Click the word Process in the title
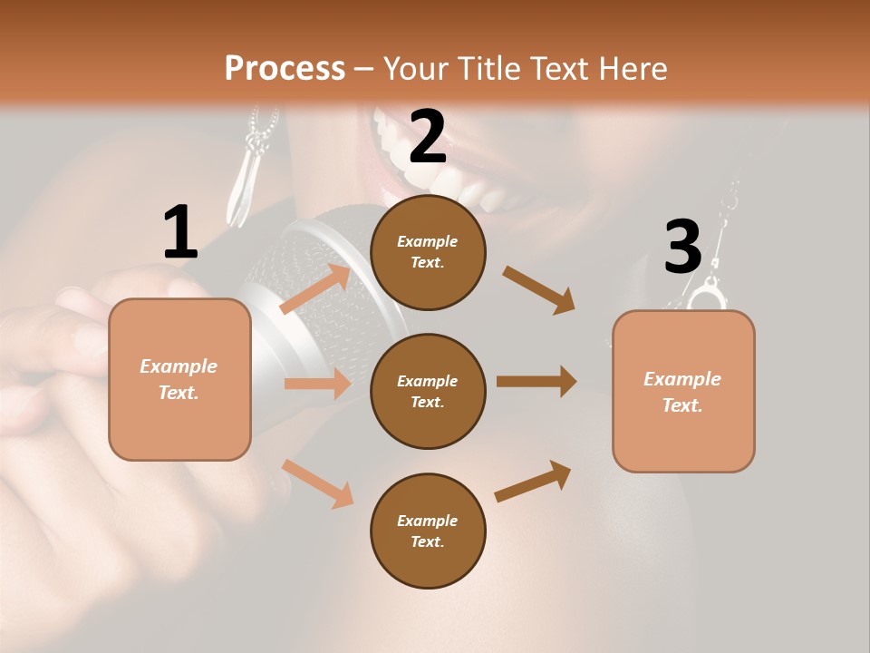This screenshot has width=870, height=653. [x=285, y=69]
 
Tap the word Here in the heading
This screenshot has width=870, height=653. [x=630, y=69]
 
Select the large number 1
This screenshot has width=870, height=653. [x=180, y=232]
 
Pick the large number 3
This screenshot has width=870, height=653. [x=682, y=247]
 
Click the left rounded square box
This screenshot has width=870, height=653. [x=179, y=379]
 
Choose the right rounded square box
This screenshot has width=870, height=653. [x=683, y=391]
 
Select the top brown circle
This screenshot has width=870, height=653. [x=428, y=252]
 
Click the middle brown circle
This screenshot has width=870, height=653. [x=428, y=391]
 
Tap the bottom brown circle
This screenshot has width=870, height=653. [x=428, y=531]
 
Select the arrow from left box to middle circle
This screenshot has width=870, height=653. [x=317, y=384]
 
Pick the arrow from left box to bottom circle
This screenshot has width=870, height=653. [x=318, y=483]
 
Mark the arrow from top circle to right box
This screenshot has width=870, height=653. [x=538, y=289]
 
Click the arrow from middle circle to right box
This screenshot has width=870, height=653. [x=536, y=382]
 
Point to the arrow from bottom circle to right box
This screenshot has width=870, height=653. [x=533, y=482]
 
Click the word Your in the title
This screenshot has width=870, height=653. [x=413, y=69]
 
